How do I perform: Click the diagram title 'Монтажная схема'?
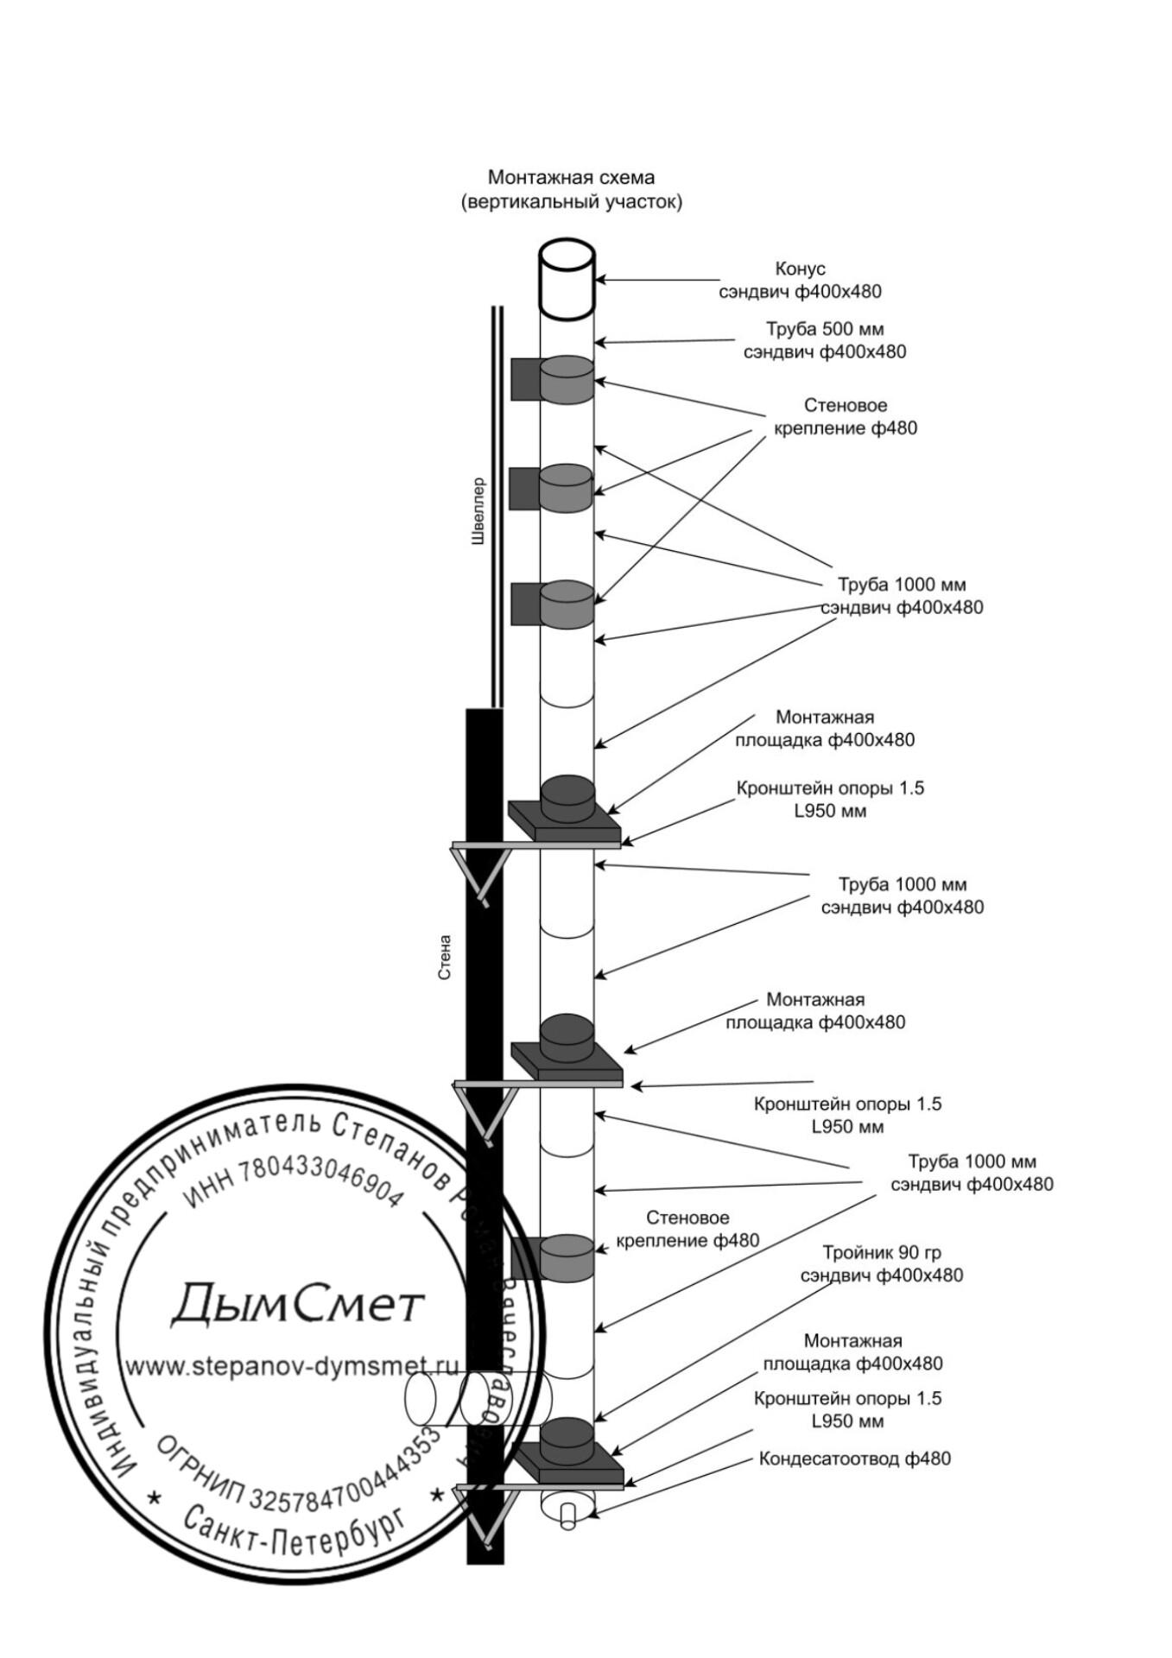(x=571, y=177)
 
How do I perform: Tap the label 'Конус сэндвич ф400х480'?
(x=800, y=280)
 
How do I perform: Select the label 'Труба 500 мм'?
(x=825, y=329)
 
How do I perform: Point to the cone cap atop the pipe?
(x=567, y=278)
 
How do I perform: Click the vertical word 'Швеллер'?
(x=478, y=511)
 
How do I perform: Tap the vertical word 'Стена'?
(x=445, y=957)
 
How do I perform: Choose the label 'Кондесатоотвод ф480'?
(x=854, y=1459)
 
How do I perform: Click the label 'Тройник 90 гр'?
(x=881, y=1252)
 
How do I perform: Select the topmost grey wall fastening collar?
(x=567, y=381)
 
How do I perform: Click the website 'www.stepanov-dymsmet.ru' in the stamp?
(x=292, y=1367)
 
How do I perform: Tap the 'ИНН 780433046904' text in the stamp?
(x=294, y=1184)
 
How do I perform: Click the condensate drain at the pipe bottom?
(x=567, y=1507)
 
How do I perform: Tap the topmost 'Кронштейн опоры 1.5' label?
(x=829, y=788)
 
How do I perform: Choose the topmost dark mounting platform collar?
(x=567, y=799)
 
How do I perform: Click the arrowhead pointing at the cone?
(x=601, y=279)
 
